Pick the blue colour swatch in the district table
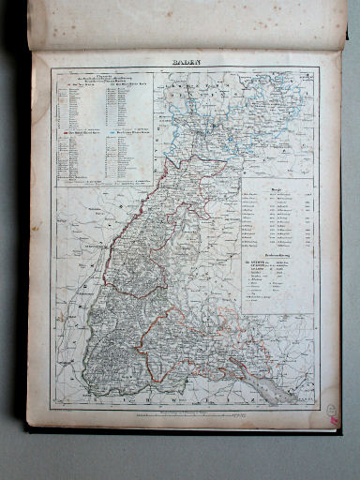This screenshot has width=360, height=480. tap(119, 132)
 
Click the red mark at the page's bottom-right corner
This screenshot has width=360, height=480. tap(335, 421)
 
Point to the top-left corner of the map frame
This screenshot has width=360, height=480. tap(54, 68)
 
